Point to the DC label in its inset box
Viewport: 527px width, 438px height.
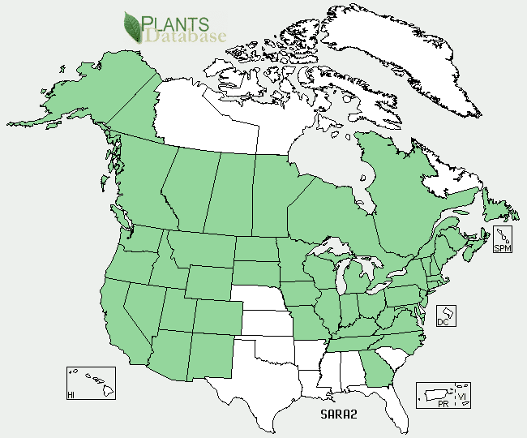(x=442, y=321)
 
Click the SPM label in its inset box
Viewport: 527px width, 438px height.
(x=503, y=247)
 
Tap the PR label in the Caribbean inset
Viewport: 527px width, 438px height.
(x=443, y=404)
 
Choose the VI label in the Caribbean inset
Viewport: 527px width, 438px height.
(x=461, y=397)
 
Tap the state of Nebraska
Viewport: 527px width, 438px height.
(x=259, y=297)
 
